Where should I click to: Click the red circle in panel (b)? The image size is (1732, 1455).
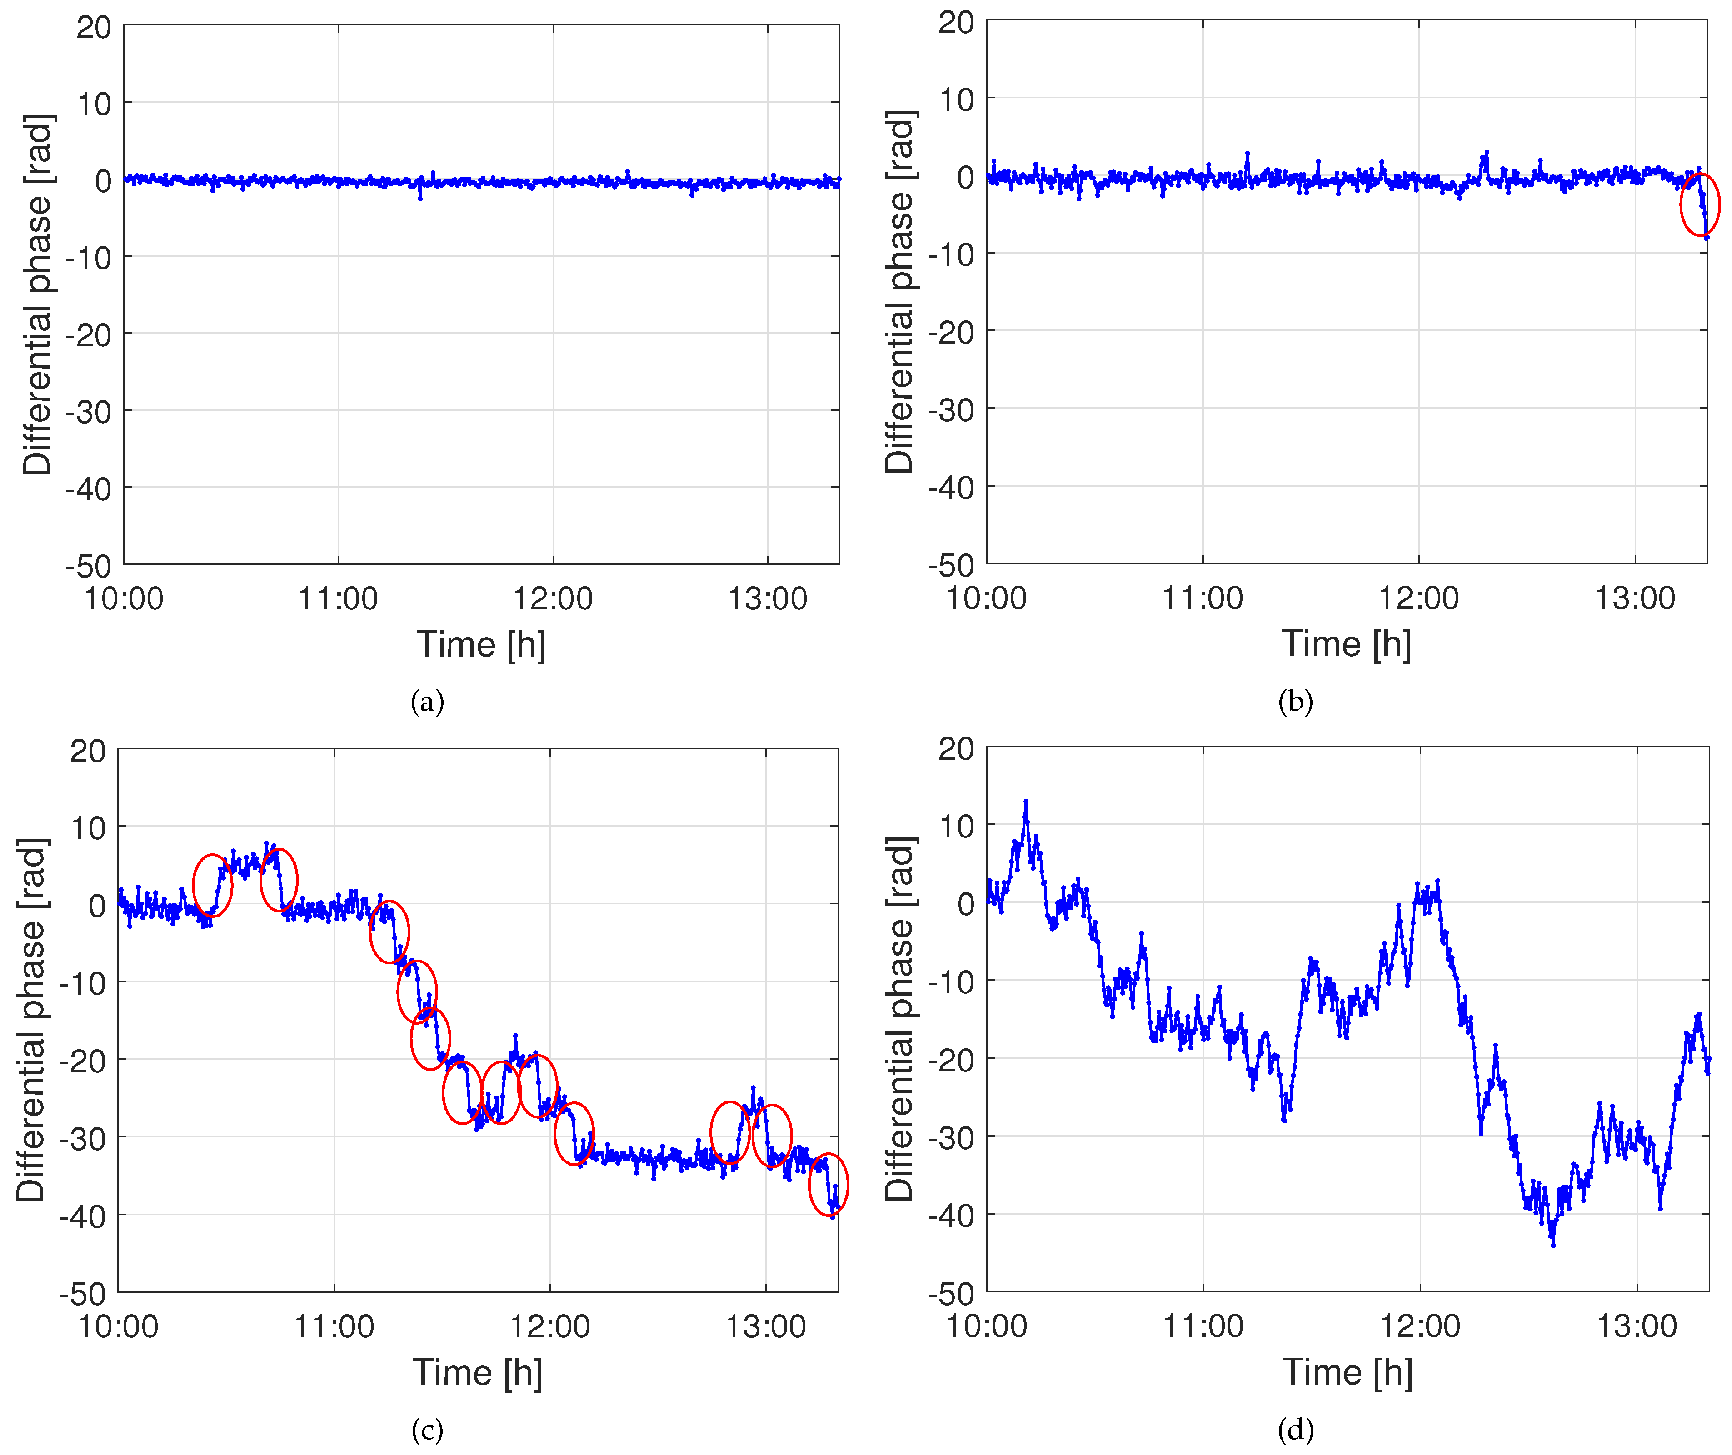point(1700,204)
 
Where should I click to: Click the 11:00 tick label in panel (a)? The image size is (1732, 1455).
point(338,599)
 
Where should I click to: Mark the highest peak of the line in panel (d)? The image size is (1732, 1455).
point(1026,801)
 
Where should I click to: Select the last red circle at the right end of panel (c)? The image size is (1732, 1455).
point(828,1185)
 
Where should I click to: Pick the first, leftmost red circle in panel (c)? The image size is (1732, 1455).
point(213,886)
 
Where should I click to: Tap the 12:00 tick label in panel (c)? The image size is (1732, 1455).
point(550,1326)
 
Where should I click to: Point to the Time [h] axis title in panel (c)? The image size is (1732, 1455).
point(478,1372)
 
